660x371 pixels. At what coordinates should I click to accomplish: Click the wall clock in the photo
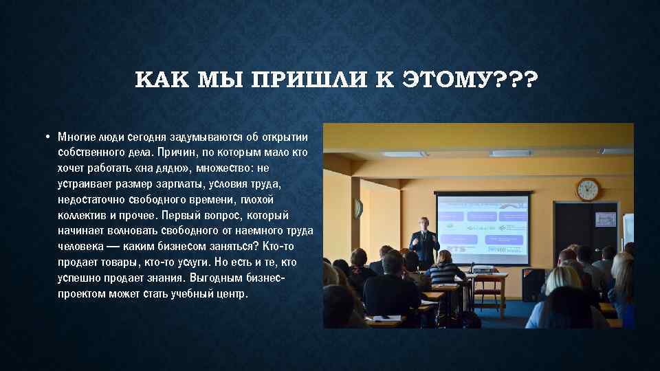pos(587,189)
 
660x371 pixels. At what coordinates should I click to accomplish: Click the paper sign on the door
pos(606,219)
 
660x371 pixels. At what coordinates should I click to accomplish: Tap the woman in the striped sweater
pos(445,271)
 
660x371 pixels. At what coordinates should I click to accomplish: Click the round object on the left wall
pos(357,207)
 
